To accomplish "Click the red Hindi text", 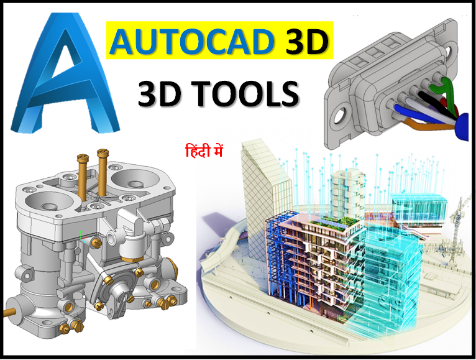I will pyautogui.click(x=204, y=151).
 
